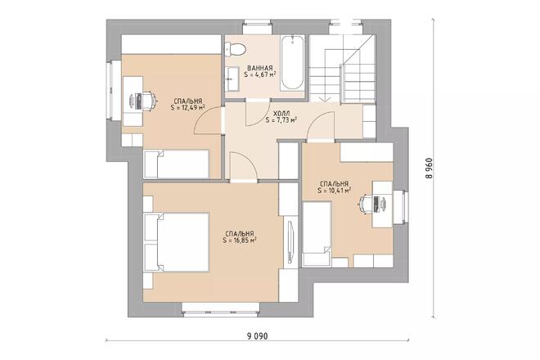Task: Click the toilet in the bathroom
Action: (235, 50)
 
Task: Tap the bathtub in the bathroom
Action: (292, 63)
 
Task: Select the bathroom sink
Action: (232, 79)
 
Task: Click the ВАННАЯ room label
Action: (260, 68)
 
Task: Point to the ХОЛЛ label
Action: (281, 114)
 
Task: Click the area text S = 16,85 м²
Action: (240, 240)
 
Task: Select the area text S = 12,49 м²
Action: (187, 107)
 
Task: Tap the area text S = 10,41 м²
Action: (334, 190)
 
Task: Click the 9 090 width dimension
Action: (257, 336)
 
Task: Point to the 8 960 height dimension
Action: (429, 169)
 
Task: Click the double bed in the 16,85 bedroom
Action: (177, 242)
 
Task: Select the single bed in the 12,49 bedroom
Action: (177, 164)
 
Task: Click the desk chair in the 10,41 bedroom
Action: (365, 203)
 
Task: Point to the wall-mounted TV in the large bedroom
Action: (290, 242)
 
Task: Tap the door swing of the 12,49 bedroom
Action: (207, 119)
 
